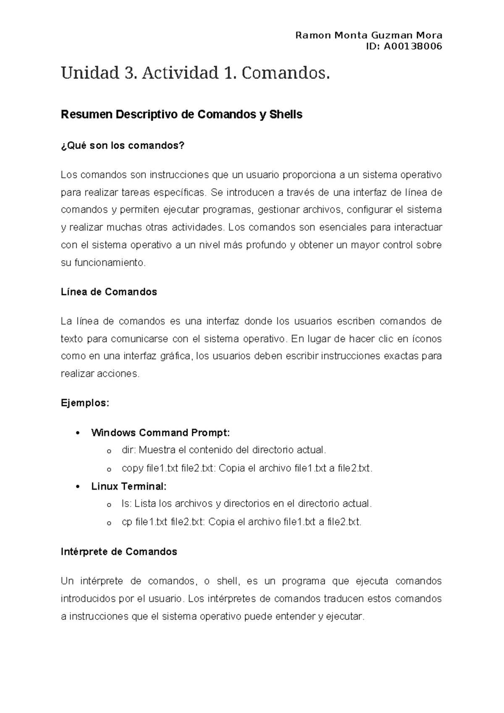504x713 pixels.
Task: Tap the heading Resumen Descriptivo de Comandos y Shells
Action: click(181, 115)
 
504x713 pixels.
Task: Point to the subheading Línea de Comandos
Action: click(109, 292)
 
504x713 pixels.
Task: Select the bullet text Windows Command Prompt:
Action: click(160, 433)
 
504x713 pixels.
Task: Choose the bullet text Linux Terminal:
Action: click(129, 486)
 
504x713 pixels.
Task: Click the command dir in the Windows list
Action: click(128, 450)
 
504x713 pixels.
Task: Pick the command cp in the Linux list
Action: click(126, 522)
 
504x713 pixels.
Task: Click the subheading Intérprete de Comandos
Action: click(119, 552)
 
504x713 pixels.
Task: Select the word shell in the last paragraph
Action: click(227, 581)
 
